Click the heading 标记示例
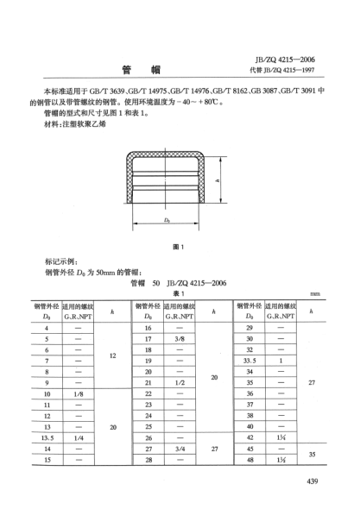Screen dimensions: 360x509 tap(60, 261)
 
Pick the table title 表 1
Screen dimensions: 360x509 tap(178, 292)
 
